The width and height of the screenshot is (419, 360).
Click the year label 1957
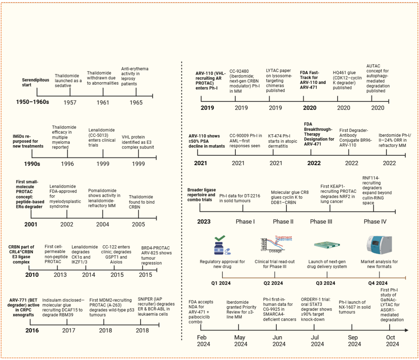pyautogui.click(x=70, y=103)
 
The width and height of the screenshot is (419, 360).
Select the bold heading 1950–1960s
pyautogui.click(x=32, y=102)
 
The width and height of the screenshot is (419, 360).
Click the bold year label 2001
pyautogui.click(x=31, y=224)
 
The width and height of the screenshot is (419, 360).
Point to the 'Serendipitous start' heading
pyautogui.click(x=36, y=82)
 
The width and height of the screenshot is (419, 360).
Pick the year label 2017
pyautogui.click(x=69, y=331)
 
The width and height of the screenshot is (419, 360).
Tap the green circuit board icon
pyautogui.click(x=327, y=245)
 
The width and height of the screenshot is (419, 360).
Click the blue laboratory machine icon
pyautogui.click(x=379, y=245)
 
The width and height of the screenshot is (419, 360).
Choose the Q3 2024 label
pyautogui.click(x=326, y=283)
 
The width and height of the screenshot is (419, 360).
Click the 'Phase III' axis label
pyautogui.click(x=321, y=222)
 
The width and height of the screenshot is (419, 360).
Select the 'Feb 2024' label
pyautogui.click(x=203, y=341)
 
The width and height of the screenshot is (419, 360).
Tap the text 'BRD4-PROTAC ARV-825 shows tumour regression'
pyautogui.click(x=156, y=255)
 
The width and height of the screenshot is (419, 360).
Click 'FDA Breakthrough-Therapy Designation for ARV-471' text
pyautogui.click(x=319, y=134)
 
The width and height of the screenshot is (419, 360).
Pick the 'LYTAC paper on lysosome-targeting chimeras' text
pyautogui.click(x=279, y=81)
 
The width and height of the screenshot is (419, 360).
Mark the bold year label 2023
pyautogui.click(x=204, y=222)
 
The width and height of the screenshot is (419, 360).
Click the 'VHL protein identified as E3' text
pyautogui.click(x=138, y=142)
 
